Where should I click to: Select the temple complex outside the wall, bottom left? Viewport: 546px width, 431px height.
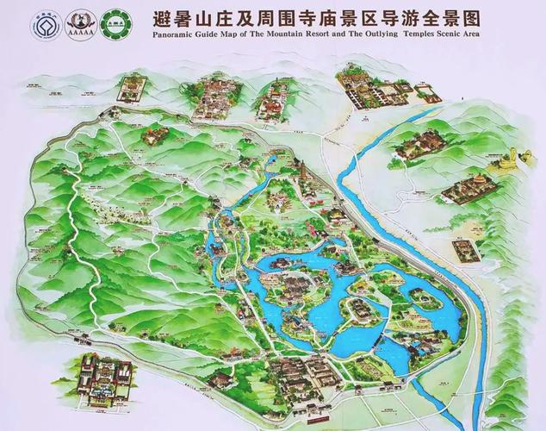[102, 378]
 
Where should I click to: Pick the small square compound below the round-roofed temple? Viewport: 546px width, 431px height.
[466, 249]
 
